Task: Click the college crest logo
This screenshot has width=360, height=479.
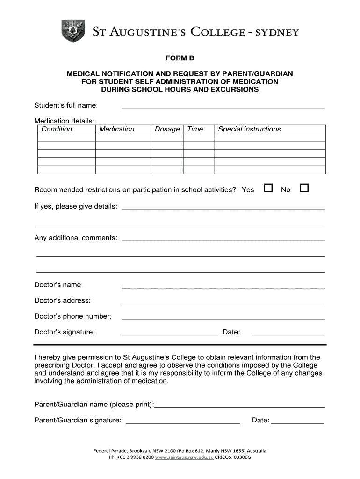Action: pyautogui.click(x=73, y=31)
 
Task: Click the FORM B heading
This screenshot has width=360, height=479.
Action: pyautogui.click(x=180, y=58)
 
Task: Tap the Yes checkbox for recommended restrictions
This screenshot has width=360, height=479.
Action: pyautogui.click(x=268, y=188)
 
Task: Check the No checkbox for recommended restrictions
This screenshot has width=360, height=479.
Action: pyautogui.click(x=304, y=188)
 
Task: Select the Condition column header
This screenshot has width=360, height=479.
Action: pyautogui.click(x=57, y=129)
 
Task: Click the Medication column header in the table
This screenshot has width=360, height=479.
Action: pyautogui.click(x=116, y=129)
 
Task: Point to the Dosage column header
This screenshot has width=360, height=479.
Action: pyautogui.click(x=167, y=129)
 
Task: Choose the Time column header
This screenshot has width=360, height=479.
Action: pyautogui.click(x=195, y=129)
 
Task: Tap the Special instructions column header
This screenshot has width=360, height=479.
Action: pyautogui.click(x=249, y=129)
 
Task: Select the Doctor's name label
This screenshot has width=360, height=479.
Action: pyautogui.click(x=58, y=285)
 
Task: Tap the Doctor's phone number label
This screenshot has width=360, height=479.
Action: pyautogui.click(x=73, y=316)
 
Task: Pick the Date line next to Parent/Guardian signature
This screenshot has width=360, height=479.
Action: pyautogui.click(x=297, y=422)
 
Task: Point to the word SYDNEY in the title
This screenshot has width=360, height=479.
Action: pyautogui.click(x=274, y=32)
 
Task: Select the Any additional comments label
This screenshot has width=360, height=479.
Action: pyautogui.click(x=76, y=238)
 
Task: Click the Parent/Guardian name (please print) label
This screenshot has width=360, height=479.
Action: pyautogui.click(x=94, y=404)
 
